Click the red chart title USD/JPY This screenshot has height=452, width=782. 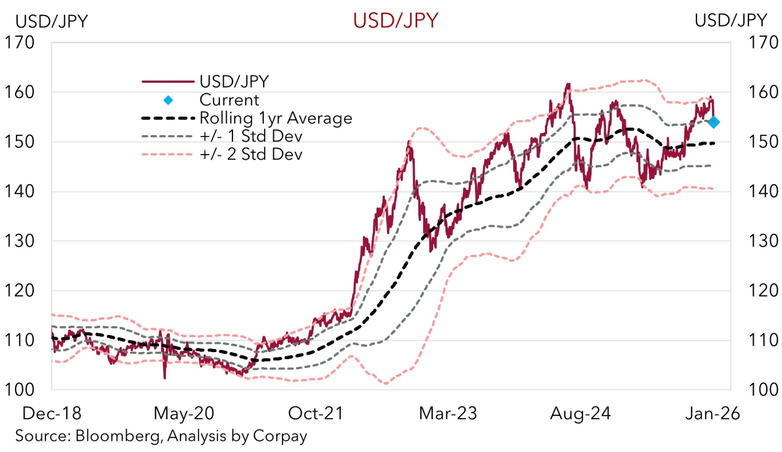(395, 20)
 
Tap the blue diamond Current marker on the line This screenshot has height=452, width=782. (714, 122)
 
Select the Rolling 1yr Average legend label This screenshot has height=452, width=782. (276, 118)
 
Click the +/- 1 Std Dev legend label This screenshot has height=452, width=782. (251, 136)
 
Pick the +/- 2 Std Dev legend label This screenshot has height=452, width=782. (251, 154)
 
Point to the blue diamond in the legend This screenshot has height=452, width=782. (168, 100)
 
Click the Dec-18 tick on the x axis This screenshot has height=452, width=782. (52, 413)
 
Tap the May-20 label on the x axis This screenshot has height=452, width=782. (184, 413)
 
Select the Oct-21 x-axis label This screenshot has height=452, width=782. (316, 413)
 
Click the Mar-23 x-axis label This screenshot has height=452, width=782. (448, 413)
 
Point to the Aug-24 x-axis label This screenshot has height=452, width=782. (580, 413)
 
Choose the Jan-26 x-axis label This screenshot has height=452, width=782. (712, 413)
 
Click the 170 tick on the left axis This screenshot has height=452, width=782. (19, 43)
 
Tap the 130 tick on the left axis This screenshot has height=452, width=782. (19, 241)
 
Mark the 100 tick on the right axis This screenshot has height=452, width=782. (763, 390)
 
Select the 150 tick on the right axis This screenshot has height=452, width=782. (763, 142)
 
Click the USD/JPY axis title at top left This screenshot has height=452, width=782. (52, 21)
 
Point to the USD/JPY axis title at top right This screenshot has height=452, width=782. (730, 20)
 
